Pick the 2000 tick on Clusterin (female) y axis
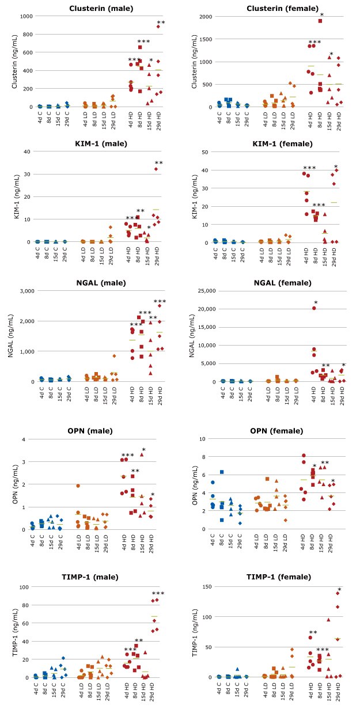[204, 16]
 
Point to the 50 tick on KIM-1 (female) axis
[207, 151]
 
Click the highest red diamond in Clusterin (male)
[158, 26]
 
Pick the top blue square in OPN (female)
[221, 472]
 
